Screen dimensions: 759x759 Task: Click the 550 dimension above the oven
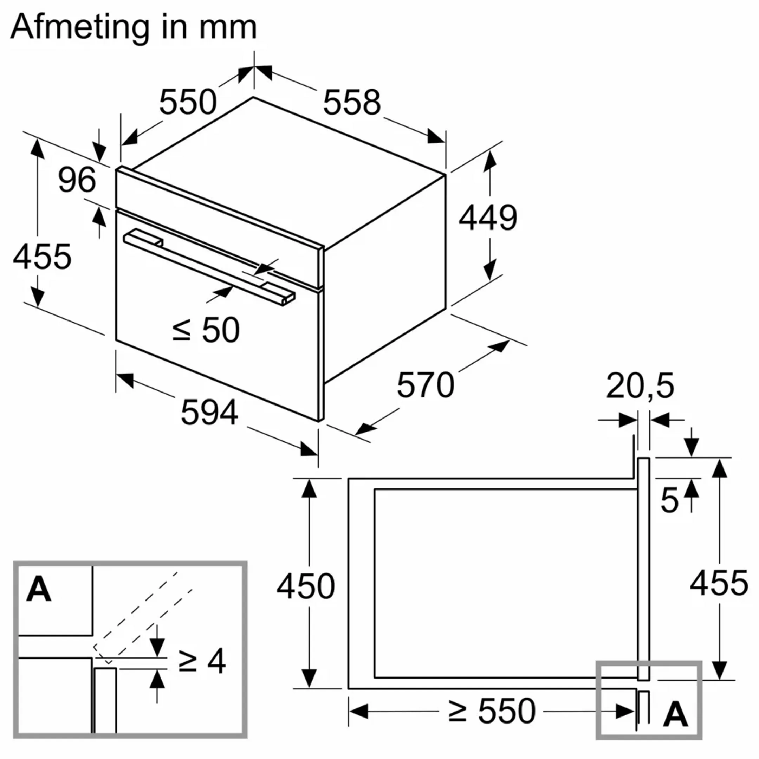point(187,102)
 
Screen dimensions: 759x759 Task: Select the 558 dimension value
point(352,103)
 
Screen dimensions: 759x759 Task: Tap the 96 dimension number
point(77,180)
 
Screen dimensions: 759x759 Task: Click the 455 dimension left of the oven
point(42,257)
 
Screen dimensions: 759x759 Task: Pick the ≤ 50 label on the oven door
point(206,330)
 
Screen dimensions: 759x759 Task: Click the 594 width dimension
point(209,413)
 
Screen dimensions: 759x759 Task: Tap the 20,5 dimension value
point(640,386)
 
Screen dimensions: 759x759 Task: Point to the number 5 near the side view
point(669,500)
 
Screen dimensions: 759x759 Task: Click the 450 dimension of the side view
point(306,586)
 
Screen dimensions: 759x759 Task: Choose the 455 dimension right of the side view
point(719,583)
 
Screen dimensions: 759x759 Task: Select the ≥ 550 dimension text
point(492,711)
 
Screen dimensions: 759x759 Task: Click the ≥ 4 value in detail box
point(202,662)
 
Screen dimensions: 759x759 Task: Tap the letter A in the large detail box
point(39,590)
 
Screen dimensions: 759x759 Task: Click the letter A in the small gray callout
point(675,715)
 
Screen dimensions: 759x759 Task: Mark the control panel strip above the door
point(220,228)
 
